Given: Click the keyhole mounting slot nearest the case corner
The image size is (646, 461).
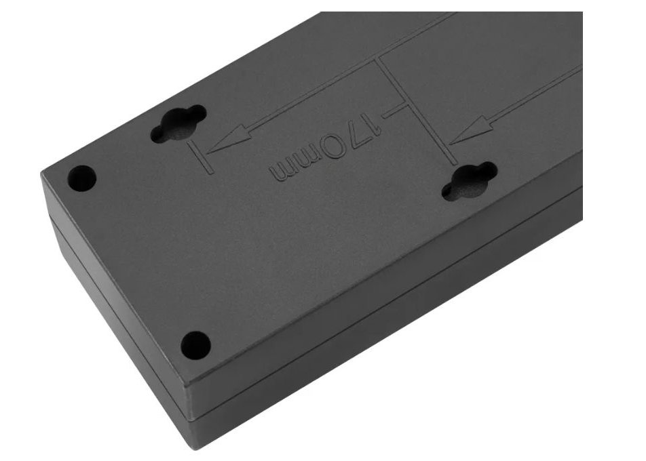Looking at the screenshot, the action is (x=178, y=123).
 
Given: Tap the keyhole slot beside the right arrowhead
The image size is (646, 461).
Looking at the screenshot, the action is (x=470, y=181).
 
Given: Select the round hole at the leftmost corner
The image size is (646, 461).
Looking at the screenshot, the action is (x=81, y=178).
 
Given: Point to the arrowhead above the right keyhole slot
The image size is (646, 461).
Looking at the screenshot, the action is (x=470, y=130).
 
